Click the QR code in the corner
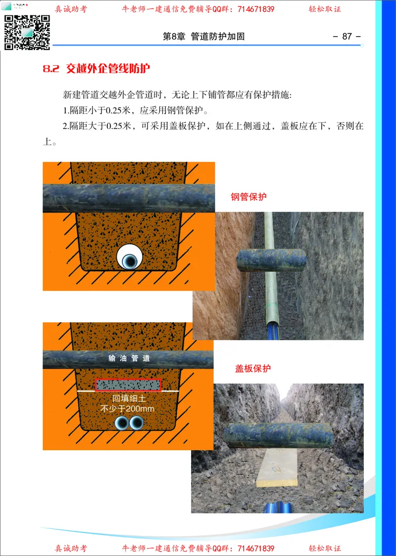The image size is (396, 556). [28, 32]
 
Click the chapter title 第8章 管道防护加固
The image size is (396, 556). [204, 37]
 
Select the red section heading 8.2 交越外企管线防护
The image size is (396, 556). [96, 69]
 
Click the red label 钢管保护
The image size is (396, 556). [248, 197]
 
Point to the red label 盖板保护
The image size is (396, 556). [252, 369]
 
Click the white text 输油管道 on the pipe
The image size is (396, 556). [129, 358]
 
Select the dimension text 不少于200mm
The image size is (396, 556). [128, 409]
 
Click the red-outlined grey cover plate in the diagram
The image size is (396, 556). [128, 385]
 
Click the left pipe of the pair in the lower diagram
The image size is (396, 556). [121, 423]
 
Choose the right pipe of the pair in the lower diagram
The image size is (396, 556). [136, 423]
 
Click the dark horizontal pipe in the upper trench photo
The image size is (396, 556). [271, 260]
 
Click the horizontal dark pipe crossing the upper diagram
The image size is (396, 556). [129, 198]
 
